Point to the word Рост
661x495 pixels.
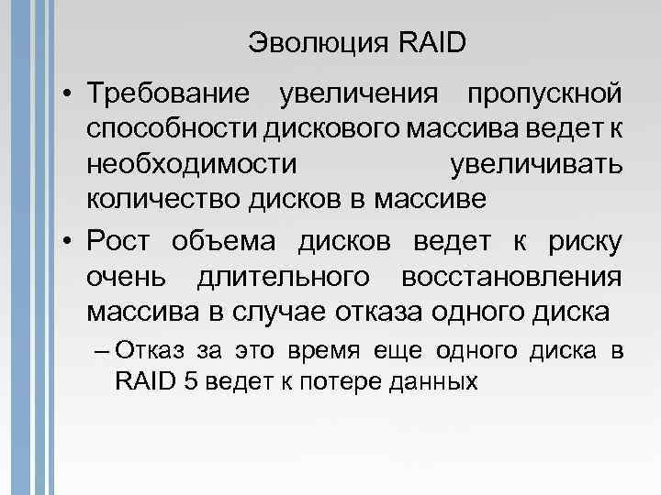tap(118, 242)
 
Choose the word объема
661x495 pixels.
tap(226, 242)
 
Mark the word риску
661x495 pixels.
tap(584, 242)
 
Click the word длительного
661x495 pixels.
tap(279, 276)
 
